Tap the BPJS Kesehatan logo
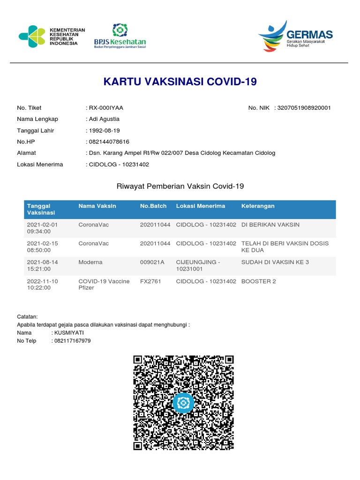coord(120,36)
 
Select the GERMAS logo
coord(295,36)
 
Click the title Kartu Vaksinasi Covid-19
coord(180,82)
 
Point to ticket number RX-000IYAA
coord(106,108)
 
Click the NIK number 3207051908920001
coord(304,108)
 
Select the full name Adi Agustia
coord(104,119)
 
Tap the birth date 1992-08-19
coord(104,131)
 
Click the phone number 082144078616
coord(109,142)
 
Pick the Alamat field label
coord(26,153)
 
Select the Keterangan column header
coord(258,206)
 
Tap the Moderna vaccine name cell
coord(90,262)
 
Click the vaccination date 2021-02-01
coord(43,225)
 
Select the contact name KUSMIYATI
coord(70,333)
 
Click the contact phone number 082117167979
coord(73,341)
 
